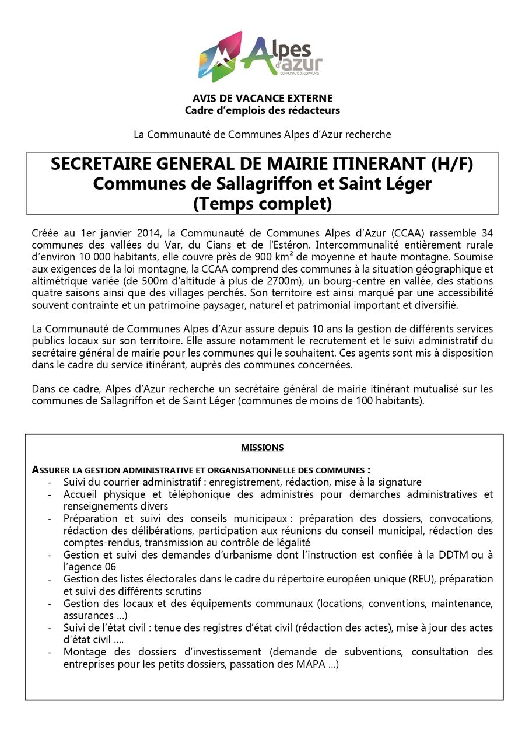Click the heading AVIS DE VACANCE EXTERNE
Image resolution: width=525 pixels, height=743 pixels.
(x=262, y=99)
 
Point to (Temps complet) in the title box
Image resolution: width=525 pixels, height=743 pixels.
(x=262, y=204)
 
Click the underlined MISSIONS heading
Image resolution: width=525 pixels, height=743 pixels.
(x=262, y=448)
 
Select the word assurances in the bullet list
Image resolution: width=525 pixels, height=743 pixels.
(x=88, y=616)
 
